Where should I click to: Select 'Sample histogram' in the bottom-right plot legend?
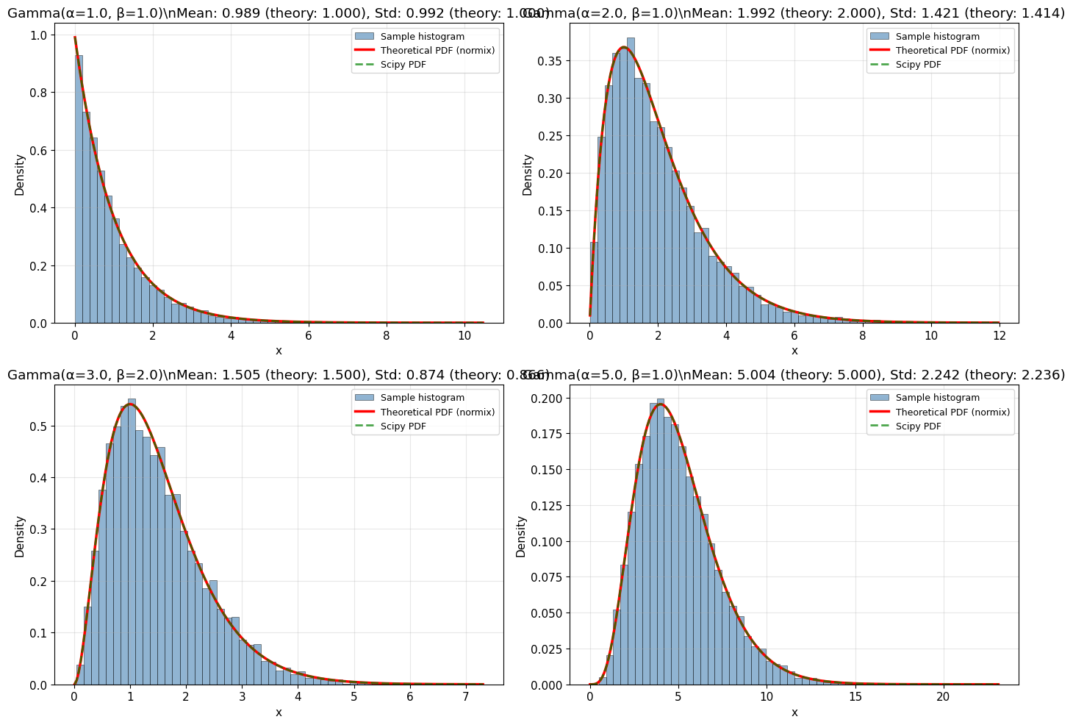click(x=937, y=398)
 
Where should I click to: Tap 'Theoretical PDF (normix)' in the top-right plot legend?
click(x=952, y=51)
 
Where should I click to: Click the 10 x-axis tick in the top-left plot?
click(x=464, y=336)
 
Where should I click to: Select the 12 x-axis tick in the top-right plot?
click(x=999, y=336)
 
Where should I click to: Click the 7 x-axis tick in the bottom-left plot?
click(x=465, y=698)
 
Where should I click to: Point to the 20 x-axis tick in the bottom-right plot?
click(x=943, y=698)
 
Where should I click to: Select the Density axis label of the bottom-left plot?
click(x=20, y=536)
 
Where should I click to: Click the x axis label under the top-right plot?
click(x=794, y=351)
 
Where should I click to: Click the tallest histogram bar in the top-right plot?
click(x=631, y=180)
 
